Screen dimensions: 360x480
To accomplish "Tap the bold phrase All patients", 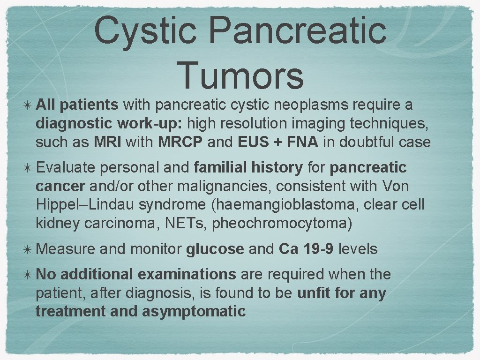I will pos(77,105).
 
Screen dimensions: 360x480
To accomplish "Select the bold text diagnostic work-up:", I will pos(111,123).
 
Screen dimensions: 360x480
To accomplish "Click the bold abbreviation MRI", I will pos(108,142).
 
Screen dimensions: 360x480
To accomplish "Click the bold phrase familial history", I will pos(248,167).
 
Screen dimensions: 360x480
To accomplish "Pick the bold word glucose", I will pos(215,249).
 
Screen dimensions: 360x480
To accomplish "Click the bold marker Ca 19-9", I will pos(306,249).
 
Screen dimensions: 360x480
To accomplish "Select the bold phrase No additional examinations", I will pos(135,274).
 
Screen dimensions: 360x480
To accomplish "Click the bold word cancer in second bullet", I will pos(60,186).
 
